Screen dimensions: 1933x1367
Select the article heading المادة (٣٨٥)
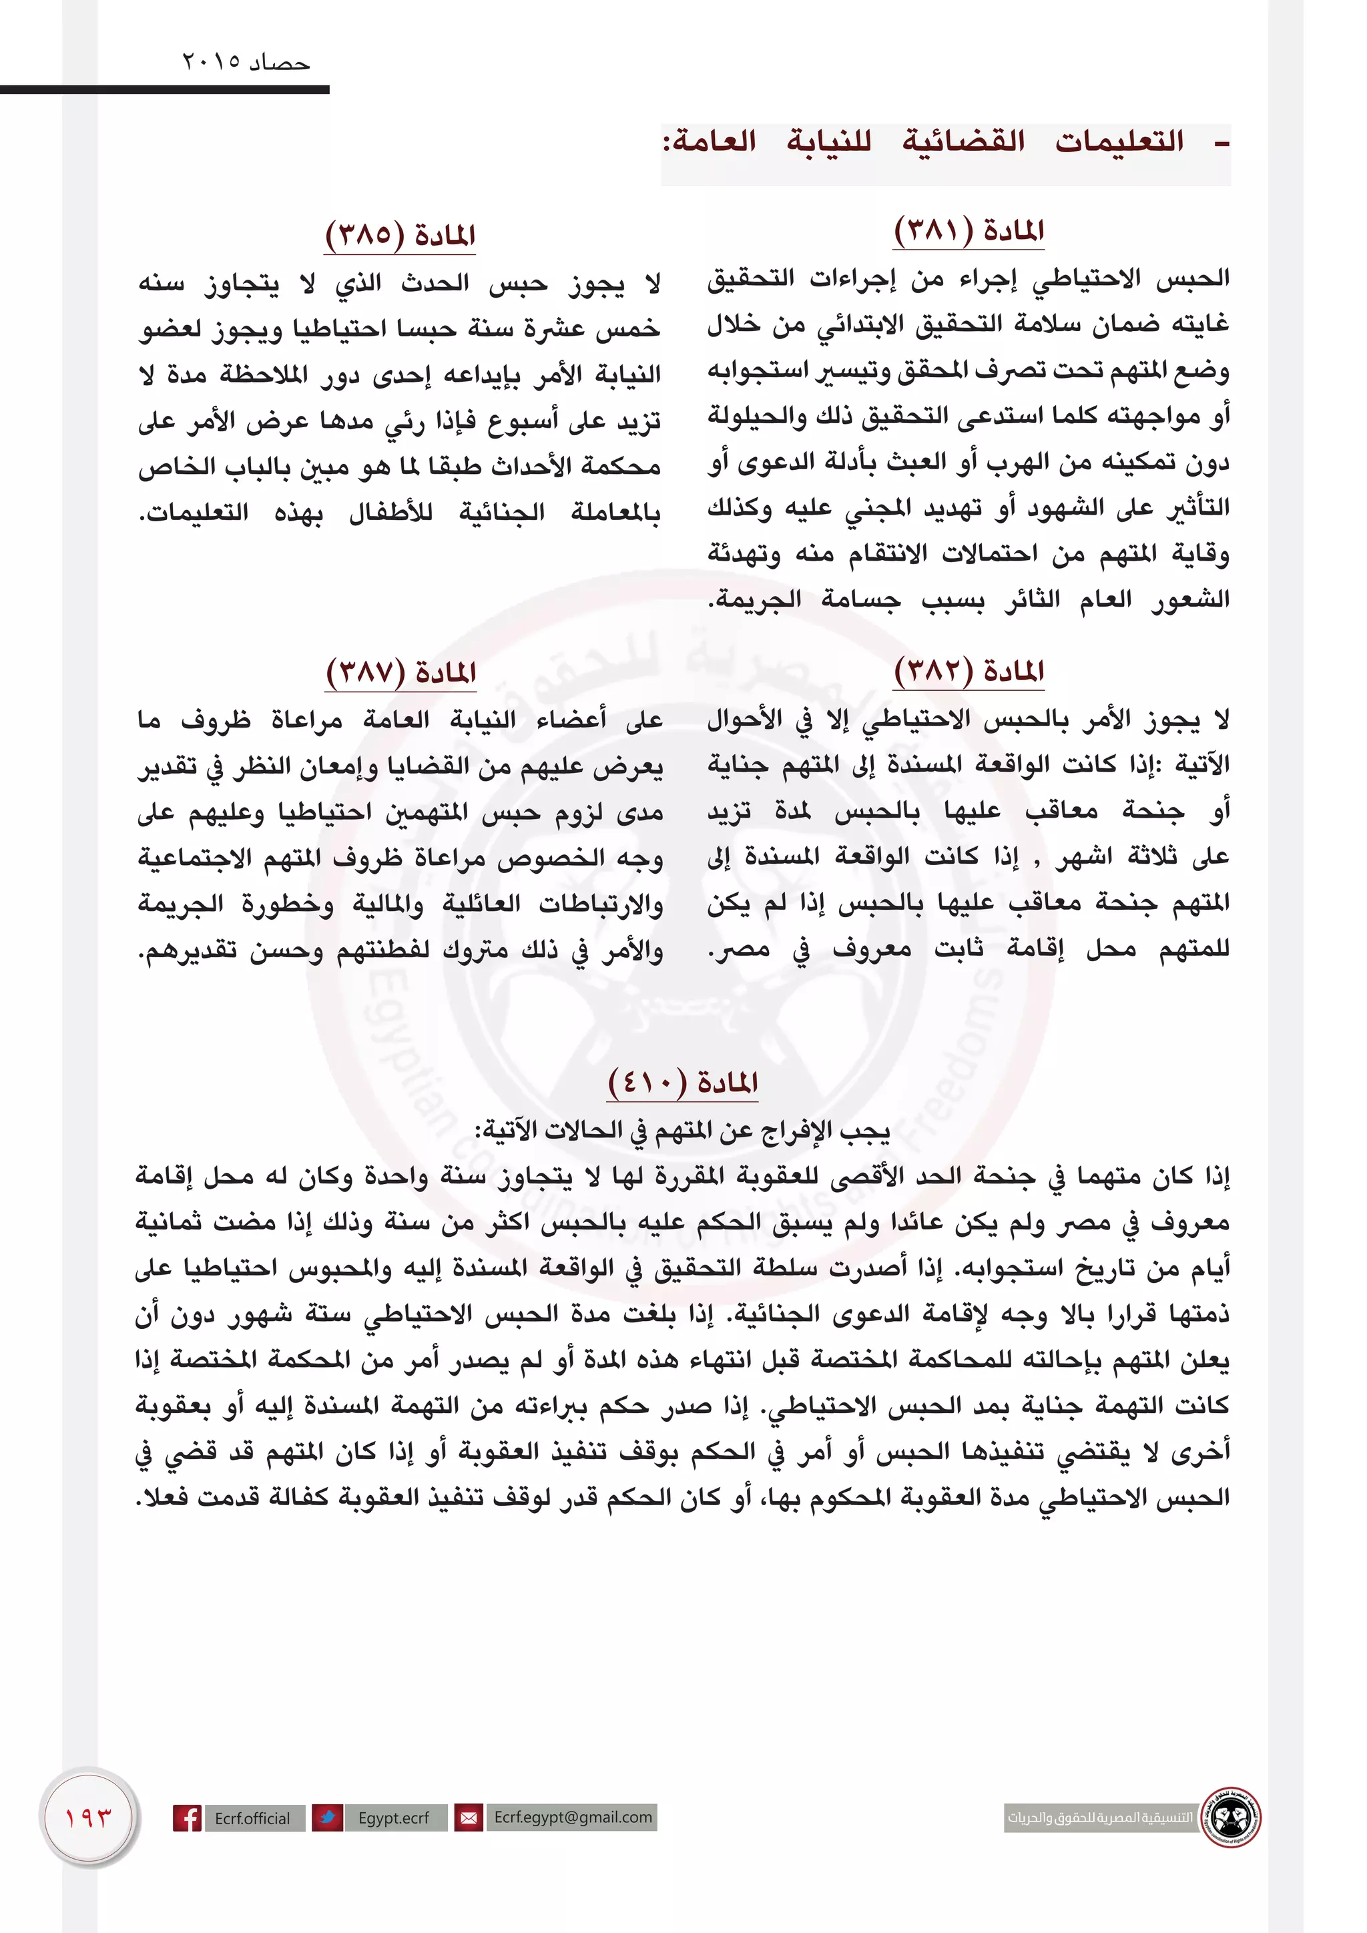[x=400, y=235]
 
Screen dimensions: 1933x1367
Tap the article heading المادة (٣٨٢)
[x=969, y=671]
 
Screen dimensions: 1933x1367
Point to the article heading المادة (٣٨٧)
[x=400, y=673]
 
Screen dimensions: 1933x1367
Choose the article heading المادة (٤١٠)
[x=683, y=1082]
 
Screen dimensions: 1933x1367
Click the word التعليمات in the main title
[x=1119, y=142]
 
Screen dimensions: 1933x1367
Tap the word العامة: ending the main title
[x=709, y=142]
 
